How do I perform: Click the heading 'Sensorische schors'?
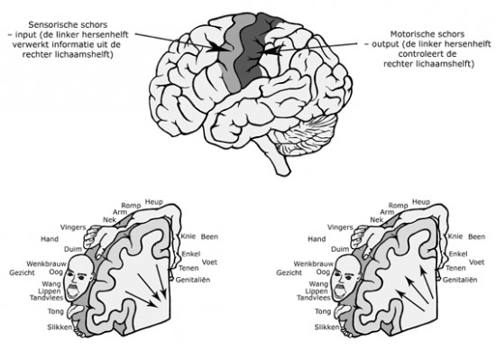pyautogui.click(x=68, y=24)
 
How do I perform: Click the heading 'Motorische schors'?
pyautogui.click(x=427, y=34)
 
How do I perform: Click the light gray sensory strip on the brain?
pyautogui.click(x=229, y=57)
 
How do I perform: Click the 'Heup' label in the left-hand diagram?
pyautogui.click(x=153, y=202)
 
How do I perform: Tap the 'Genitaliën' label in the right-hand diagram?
pyautogui.click(x=460, y=280)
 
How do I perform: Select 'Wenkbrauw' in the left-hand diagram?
pyautogui.click(x=47, y=263)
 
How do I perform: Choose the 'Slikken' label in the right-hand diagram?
pyautogui.click(x=326, y=328)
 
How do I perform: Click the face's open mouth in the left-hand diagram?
pyautogui.click(x=73, y=291)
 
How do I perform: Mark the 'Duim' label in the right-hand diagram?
pyautogui.click(x=340, y=249)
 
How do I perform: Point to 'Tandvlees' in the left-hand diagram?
pyautogui.click(x=47, y=298)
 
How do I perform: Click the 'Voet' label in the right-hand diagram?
pyautogui.click(x=477, y=262)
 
